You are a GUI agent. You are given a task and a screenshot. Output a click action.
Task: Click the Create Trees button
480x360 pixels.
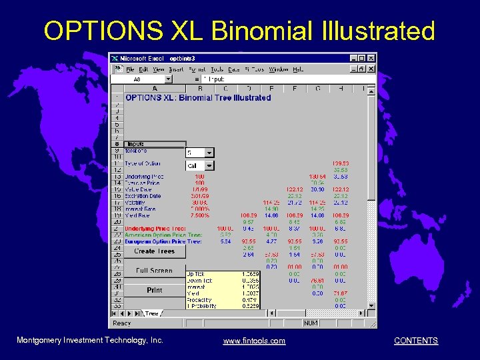(x=154, y=251)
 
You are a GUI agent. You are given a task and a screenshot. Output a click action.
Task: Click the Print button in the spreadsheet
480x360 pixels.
(x=154, y=290)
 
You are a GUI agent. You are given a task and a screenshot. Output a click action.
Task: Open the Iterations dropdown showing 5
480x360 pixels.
(x=209, y=153)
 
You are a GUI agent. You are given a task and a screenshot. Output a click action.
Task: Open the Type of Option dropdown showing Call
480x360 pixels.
(x=209, y=165)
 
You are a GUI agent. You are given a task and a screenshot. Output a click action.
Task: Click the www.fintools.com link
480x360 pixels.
(x=254, y=341)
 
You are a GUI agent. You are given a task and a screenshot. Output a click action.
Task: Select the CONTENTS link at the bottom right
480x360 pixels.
(x=415, y=341)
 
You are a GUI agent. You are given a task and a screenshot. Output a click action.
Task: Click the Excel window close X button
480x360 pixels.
(x=371, y=59)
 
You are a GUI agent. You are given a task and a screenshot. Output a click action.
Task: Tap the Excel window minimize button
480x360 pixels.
(x=353, y=59)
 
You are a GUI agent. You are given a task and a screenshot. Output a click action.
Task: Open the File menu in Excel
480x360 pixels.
(x=131, y=69)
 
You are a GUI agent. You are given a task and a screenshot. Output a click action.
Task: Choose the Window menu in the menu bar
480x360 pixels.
(x=279, y=69)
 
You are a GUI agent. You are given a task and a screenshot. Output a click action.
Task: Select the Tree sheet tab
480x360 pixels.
(x=152, y=313)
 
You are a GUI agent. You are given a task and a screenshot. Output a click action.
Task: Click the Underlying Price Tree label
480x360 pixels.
(x=155, y=229)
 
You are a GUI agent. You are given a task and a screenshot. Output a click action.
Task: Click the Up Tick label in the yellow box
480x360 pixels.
(x=196, y=274)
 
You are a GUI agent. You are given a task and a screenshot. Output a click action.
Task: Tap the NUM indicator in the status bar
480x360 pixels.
(x=311, y=323)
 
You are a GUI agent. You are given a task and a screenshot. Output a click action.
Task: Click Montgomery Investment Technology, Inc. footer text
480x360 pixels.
(x=90, y=341)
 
